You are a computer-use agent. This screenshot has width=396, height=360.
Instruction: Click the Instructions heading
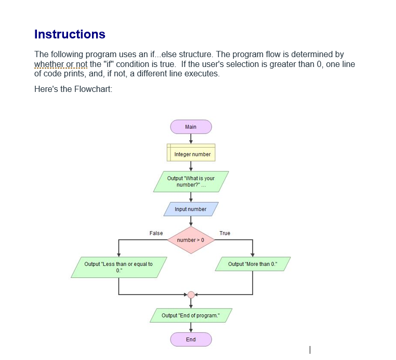(70, 34)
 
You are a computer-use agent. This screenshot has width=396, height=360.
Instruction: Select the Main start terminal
(191, 127)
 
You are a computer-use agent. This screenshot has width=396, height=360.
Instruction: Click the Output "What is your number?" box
(191, 181)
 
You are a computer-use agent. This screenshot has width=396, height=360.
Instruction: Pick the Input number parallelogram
(191, 209)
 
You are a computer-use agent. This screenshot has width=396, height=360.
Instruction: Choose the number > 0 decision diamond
(191, 240)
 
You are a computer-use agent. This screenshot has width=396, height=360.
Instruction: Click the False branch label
(156, 233)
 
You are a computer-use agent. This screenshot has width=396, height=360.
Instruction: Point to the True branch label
(225, 233)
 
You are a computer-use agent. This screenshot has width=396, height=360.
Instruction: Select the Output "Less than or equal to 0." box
(119, 267)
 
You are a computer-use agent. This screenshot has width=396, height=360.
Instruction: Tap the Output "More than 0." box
(253, 264)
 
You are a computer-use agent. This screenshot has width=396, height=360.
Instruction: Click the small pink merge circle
(191, 295)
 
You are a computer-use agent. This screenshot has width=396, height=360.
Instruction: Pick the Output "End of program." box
(191, 315)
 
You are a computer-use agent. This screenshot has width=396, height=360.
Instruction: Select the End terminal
(191, 339)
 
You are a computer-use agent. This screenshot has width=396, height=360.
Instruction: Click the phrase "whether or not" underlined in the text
(60, 64)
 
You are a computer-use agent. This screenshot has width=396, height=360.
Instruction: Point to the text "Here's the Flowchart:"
(73, 89)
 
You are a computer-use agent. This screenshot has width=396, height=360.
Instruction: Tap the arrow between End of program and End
(191, 327)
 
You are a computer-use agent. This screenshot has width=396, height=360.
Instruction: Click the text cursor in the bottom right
(310, 350)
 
